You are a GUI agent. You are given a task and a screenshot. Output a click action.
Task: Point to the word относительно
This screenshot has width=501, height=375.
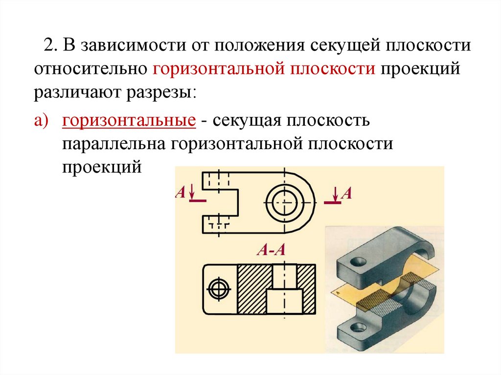tap(90, 69)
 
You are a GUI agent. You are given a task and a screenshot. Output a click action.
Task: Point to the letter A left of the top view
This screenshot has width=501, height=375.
tap(180, 192)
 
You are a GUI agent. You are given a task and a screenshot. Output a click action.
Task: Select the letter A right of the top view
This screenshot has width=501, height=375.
tap(346, 193)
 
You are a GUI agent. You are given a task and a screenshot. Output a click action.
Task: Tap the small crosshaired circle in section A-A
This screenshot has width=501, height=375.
tap(218, 288)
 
